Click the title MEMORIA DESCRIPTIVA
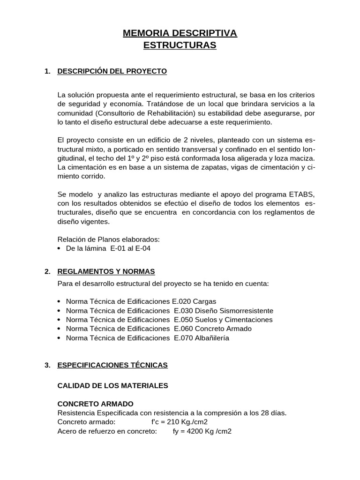pos(180,33)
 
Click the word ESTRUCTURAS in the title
pos(180,45)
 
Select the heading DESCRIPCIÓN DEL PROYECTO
pos(112,71)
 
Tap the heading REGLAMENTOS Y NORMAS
pos(105,271)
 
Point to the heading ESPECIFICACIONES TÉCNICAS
pos(112,365)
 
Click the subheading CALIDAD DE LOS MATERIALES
pos(112,385)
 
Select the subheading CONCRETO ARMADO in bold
pos(95,404)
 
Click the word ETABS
pos(301,194)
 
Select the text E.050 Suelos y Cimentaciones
pos(223,320)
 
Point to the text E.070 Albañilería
pos(201,338)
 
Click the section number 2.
pos(47,271)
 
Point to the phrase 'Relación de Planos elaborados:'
pos(108,240)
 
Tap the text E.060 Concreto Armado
pos(212,329)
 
